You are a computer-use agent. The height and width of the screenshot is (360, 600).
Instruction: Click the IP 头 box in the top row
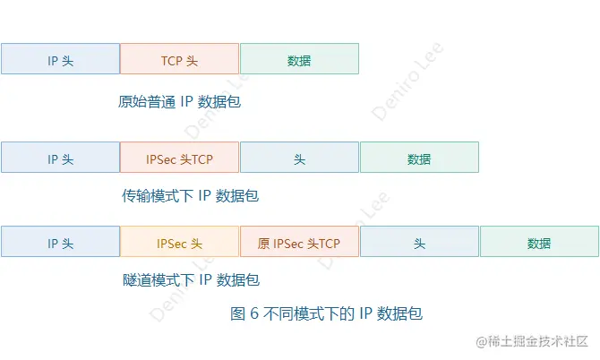(x=60, y=59)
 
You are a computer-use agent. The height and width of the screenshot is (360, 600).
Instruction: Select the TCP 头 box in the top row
(x=179, y=59)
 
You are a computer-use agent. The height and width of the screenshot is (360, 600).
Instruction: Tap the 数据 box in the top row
(x=299, y=59)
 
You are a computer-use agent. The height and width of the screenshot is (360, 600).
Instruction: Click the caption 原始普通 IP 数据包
(x=179, y=101)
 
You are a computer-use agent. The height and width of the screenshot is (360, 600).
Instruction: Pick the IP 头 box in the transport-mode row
(x=60, y=158)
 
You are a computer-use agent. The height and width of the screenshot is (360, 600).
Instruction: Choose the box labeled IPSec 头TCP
(x=179, y=158)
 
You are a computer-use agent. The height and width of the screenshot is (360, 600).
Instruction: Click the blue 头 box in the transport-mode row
(x=299, y=158)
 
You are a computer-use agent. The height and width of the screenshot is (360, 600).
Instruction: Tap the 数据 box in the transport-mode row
(x=419, y=158)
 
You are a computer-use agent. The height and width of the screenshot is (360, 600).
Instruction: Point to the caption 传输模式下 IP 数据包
(x=190, y=194)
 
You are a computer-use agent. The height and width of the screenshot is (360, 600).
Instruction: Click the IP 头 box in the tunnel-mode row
(x=60, y=242)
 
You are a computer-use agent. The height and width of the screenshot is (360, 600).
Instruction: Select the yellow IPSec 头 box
(x=179, y=242)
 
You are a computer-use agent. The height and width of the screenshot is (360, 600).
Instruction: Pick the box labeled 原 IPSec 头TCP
(x=299, y=242)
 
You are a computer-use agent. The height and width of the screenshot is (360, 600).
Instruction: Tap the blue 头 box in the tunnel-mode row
(x=419, y=242)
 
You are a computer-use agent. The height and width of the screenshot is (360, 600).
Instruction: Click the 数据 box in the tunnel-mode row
(x=539, y=242)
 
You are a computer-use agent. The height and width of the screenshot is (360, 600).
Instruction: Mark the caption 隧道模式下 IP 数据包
(x=190, y=279)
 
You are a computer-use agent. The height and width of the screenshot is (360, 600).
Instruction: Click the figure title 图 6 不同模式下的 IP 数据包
(x=326, y=313)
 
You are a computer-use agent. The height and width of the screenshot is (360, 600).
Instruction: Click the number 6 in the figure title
(x=253, y=313)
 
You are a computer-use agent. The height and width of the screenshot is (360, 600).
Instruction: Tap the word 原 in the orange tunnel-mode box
(x=263, y=243)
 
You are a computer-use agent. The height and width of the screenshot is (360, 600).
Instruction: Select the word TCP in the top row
(x=172, y=60)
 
